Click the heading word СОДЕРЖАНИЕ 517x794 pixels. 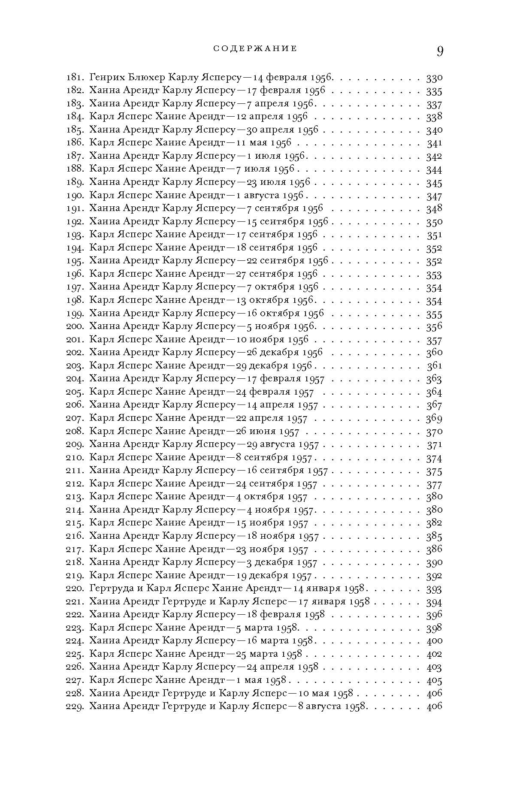pyautogui.click(x=255, y=49)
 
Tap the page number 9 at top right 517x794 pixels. pyautogui.click(x=440, y=51)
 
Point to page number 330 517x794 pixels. pyautogui.click(x=434, y=78)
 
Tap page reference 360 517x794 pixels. pyautogui.click(x=434, y=353)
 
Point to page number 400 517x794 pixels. pyautogui.click(x=434, y=641)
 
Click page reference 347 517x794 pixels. pyautogui.click(x=434, y=196)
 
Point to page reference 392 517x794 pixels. pyautogui.click(x=434, y=576)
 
